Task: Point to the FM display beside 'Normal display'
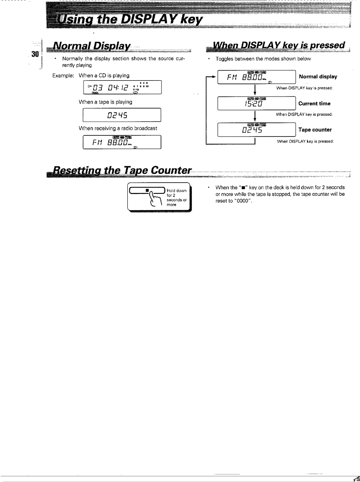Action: (x=256, y=77)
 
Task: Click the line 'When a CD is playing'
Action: (x=104, y=75)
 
